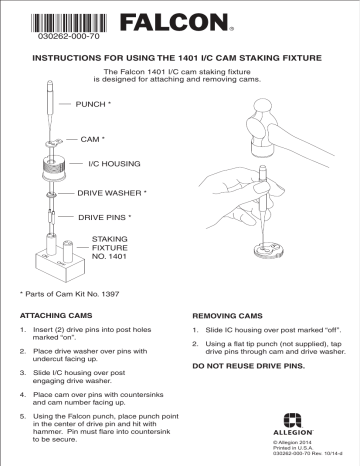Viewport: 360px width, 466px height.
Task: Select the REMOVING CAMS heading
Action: click(x=230, y=315)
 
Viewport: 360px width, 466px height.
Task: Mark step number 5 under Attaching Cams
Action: click(x=24, y=415)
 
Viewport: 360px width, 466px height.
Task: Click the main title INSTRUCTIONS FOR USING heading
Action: click(x=179, y=58)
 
